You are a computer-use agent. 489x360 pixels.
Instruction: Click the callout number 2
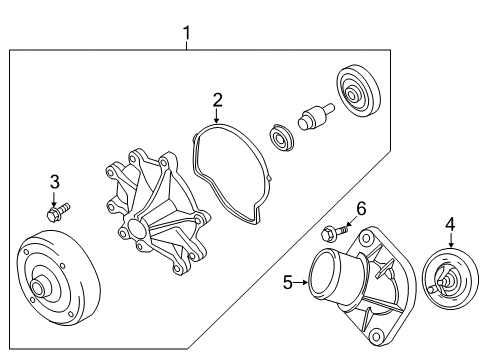pos(217,100)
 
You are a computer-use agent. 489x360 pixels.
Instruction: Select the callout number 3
pos(55,181)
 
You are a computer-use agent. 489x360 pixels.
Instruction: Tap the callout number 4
pos(450,224)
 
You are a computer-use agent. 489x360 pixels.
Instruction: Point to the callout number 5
pos(287,283)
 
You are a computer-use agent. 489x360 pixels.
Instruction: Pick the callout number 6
pos(361,207)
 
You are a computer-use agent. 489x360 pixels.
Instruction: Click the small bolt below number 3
pos(56,212)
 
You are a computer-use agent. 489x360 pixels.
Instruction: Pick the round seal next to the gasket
pos(283,136)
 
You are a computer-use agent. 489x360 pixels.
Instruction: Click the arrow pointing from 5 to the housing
pos(300,283)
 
